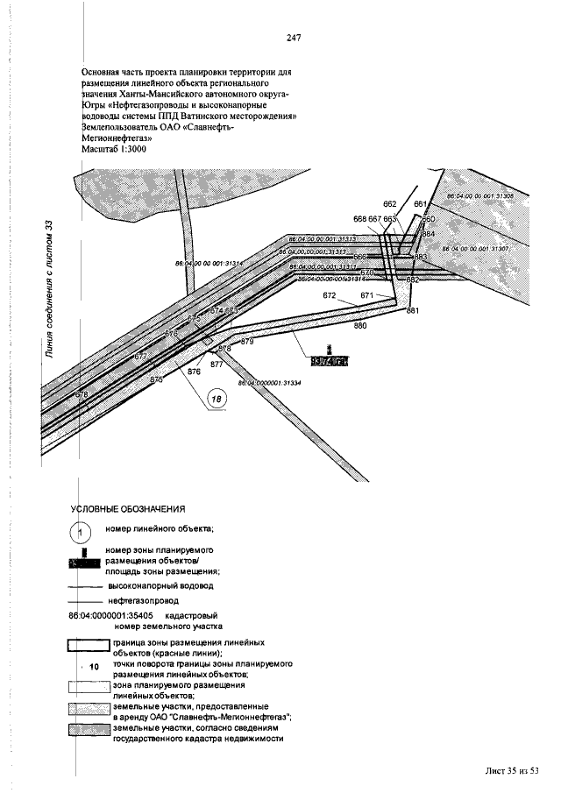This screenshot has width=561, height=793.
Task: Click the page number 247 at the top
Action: tap(294, 38)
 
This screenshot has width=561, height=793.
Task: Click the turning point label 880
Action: tap(359, 326)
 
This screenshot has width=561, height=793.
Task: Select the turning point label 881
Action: tap(413, 311)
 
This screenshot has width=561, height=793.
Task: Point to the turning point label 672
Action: tap(330, 296)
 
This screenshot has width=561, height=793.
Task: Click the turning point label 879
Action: tap(247, 341)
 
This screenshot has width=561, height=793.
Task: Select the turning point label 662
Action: tap(390, 203)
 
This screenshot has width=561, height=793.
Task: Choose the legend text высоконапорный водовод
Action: tap(160, 584)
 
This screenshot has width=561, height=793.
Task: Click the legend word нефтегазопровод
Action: tap(144, 602)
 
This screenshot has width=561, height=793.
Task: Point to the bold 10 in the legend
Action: tap(95, 668)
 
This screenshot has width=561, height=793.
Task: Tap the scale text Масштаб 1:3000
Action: tap(113, 150)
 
